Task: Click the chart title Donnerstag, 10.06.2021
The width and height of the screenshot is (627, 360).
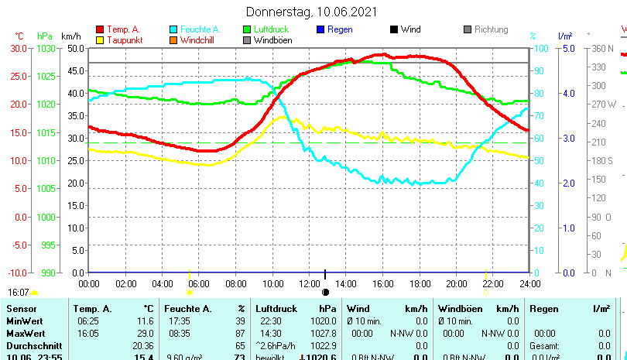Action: click(312, 12)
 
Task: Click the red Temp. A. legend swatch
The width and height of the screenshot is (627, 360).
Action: click(99, 29)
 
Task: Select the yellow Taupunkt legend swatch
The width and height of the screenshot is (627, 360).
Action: click(99, 40)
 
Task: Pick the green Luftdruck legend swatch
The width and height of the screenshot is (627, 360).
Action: click(246, 29)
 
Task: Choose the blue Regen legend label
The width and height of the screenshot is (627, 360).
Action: click(340, 29)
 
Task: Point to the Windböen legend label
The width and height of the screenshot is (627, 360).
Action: click(272, 40)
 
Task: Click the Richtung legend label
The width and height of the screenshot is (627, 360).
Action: click(491, 29)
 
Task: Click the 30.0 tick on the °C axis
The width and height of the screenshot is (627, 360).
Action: click(19, 48)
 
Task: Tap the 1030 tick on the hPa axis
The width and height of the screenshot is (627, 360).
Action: click(46, 48)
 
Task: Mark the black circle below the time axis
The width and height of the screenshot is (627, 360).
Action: click(326, 292)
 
